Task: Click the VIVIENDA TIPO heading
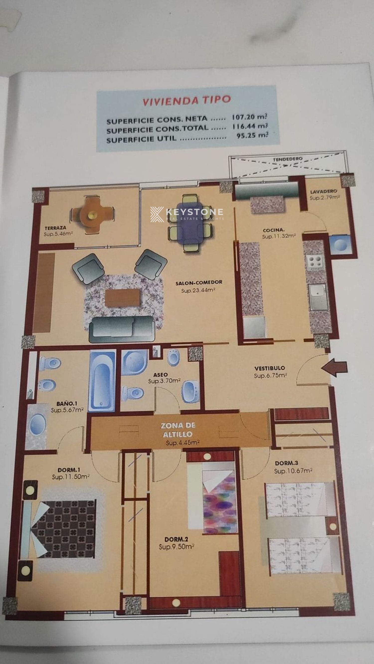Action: (x=186, y=100)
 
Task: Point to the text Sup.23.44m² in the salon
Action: (x=198, y=290)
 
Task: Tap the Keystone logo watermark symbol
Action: (x=157, y=214)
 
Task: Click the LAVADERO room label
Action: (x=323, y=192)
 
